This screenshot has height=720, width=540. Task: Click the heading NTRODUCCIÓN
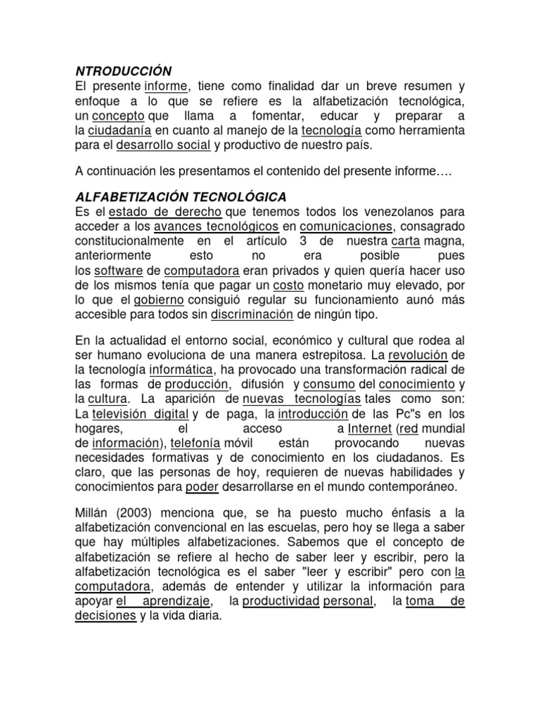click(x=123, y=71)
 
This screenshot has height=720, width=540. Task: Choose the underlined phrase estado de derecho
click(x=165, y=212)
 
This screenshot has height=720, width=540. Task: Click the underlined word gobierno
click(x=160, y=302)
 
